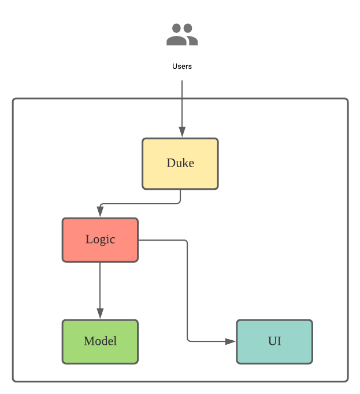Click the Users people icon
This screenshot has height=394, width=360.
click(182, 35)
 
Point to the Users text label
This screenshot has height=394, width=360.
click(182, 67)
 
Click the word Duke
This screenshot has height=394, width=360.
click(180, 163)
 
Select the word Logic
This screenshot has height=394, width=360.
click(100, 240)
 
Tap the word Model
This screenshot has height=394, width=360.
click(100, 341)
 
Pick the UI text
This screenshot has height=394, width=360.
click(274, 341)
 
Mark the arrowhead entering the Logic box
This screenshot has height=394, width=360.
click(100, 212)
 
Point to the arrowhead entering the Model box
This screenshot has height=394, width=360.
click(100, 314)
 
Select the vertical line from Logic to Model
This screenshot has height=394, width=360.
click(100, 286)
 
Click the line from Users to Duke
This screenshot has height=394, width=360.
click(182, 104)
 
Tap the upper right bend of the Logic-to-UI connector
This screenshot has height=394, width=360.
click(187, 241)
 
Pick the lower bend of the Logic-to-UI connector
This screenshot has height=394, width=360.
click(188, 340)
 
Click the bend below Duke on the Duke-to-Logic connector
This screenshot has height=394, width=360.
click(179, 202)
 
